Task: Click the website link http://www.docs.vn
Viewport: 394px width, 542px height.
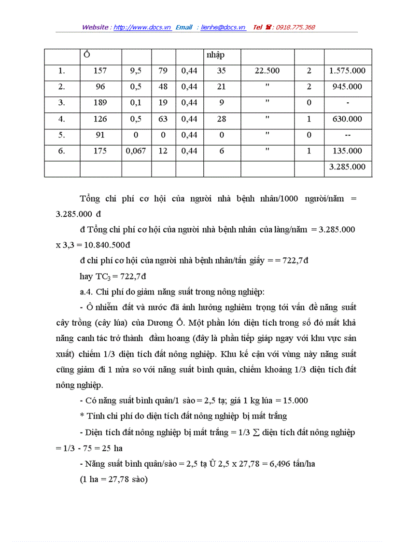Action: pyautogui.click(x=142, y=28)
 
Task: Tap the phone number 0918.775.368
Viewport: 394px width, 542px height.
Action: pyautogui.click(x=295, y=28)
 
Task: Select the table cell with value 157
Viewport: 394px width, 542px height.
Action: pyautogui.click(x=100, y=71)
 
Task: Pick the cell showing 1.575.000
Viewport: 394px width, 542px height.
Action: pyautogui.click(x=347, y=71)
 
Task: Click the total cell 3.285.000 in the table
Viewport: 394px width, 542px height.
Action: pyautogui.click(x=347, y=167)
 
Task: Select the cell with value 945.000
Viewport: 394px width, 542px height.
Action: pyautogui.click(x=347, y=87)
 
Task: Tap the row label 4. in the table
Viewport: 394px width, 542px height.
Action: pyautogui.click(x=62, y=119)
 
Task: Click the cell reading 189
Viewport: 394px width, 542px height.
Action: pyautogui.click(x=100, y=103)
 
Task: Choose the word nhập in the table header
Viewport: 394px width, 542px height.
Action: pyautogui.click(x=215, y=55)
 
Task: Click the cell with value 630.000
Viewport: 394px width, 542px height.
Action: pyautogui.click(x=347, y=119)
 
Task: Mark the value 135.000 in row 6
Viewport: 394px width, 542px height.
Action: pyautogui.click(x=347, y=151)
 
